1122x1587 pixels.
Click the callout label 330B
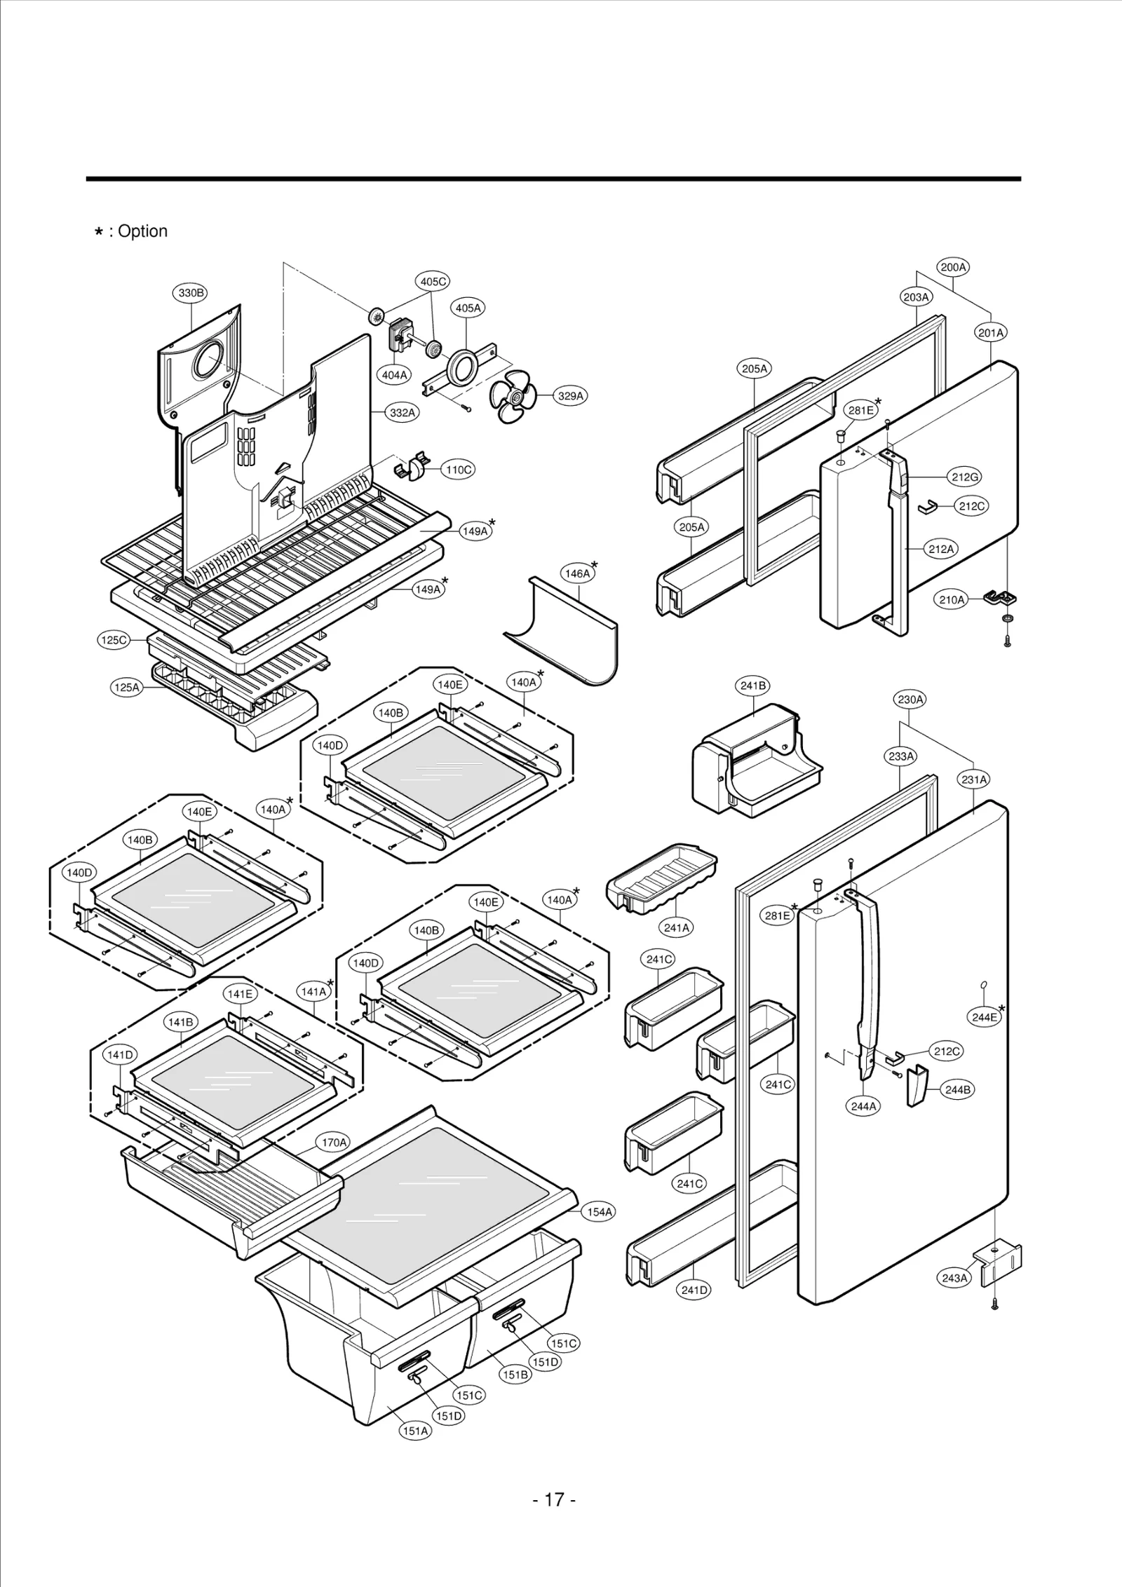click(x=190, y=293)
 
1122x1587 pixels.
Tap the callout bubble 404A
click(x=395, y=375)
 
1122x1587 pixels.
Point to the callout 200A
click(x=954, y=267)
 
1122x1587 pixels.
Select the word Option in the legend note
click(x=142, y=231)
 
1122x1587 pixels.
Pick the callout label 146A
click(x=577, y=573)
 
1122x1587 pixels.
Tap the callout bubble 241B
click(x=753, y=686)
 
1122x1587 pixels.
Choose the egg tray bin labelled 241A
click(x=661, y=879)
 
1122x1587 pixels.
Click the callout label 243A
click(x=954, y=1278)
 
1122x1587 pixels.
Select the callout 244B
click(x=957, y=1090)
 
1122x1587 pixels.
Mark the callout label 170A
click(x=334, y=1143)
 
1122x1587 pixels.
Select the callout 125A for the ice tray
click(x=127, y=688)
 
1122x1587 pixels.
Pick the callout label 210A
click(x=952, y=599)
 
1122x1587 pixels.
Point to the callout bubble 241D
click(x=694, y=1290)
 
